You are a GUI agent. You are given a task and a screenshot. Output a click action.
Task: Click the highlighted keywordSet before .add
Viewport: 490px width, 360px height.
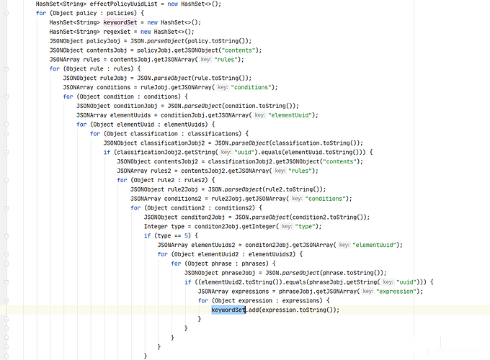click(x=228, y=310)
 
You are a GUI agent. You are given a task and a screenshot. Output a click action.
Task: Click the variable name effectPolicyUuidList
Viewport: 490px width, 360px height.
click(x=123, y=4)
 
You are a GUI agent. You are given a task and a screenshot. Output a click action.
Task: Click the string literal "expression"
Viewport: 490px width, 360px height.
click(x=396, y=292)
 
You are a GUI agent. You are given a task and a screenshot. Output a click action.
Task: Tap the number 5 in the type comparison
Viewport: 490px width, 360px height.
click(x=186, y=235)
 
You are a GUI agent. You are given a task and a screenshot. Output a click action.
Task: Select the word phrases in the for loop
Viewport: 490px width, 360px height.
click(x=255, y=264)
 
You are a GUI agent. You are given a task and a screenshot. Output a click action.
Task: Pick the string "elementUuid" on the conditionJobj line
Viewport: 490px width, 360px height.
click(x=290, y=115)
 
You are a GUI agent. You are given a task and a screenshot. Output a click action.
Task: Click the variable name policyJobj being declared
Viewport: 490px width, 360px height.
click(x=103, y=41)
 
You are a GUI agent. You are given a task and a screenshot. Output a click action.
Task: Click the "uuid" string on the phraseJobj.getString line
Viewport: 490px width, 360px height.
click(x=406, y=282)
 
